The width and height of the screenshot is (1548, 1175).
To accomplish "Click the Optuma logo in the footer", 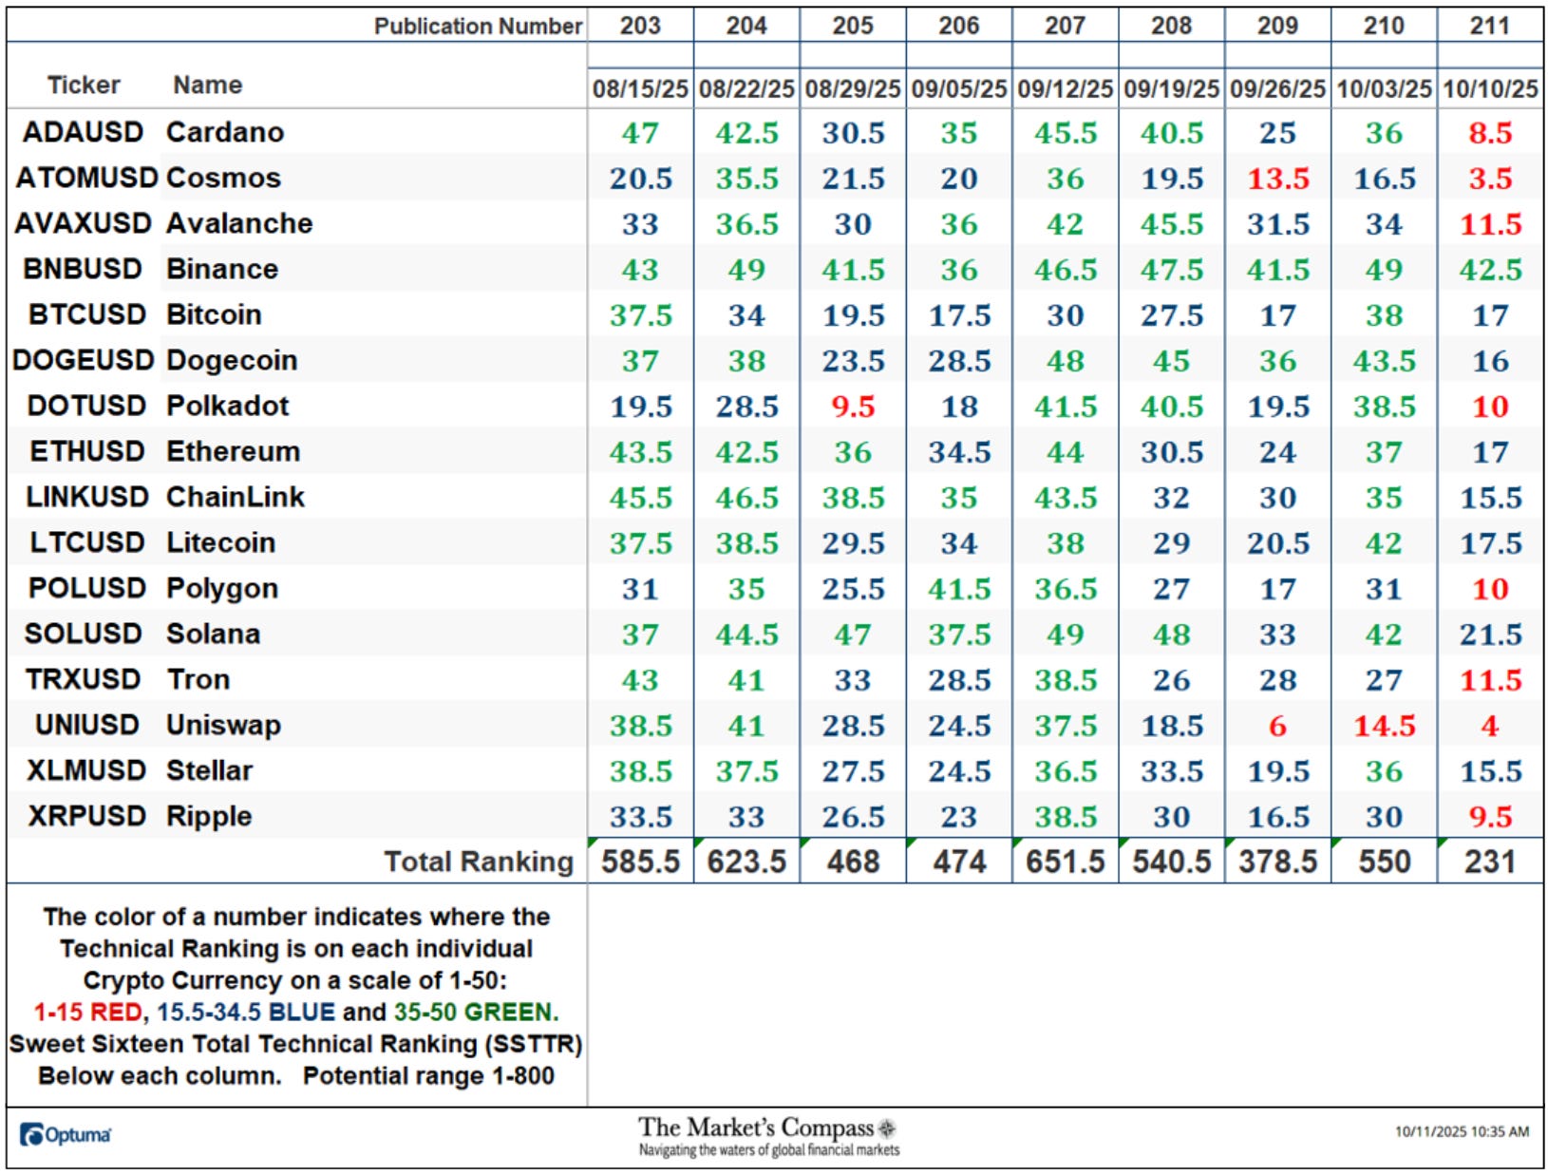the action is click(x=65, y=1135).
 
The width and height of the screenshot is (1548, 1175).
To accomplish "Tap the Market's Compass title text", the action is click(x=756, y=1128).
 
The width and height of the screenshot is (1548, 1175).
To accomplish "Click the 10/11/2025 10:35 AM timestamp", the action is click(x=1462, y=1132).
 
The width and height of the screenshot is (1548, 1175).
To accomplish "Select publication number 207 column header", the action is click(x=1065, y=26).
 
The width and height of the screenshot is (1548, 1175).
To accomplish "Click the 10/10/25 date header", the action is click(x=1489, y=89).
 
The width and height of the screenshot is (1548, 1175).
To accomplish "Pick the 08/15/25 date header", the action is click(x=640, y=89).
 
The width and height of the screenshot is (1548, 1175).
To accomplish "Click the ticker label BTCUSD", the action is click(x=86, y=314).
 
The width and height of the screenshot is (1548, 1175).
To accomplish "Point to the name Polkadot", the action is click(x=227, y=406).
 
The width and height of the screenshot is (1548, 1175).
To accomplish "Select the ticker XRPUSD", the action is click(x=86, y=816).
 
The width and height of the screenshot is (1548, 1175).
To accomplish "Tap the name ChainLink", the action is click(x=235, y=497).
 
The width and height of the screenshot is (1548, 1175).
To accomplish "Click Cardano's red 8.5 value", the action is click(x=1490, y=133).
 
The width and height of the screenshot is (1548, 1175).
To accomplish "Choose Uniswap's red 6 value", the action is click(x=1277, y=726).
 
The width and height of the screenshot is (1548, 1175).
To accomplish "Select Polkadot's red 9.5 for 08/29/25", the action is click(x=853, y=407).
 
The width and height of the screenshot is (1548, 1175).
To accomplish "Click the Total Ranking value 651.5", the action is click(x=1065, y=862).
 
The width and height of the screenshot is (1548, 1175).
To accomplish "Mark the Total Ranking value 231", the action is click(x=1489, y=862).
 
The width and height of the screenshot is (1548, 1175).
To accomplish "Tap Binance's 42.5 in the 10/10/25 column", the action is click(x=1490, y=270).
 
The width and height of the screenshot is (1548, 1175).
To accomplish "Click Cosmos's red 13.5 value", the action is click(x=1278, y=179).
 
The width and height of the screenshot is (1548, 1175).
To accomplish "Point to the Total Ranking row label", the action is click(x=479, y=862).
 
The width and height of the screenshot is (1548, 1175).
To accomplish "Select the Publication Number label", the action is click(x=478, y=26).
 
